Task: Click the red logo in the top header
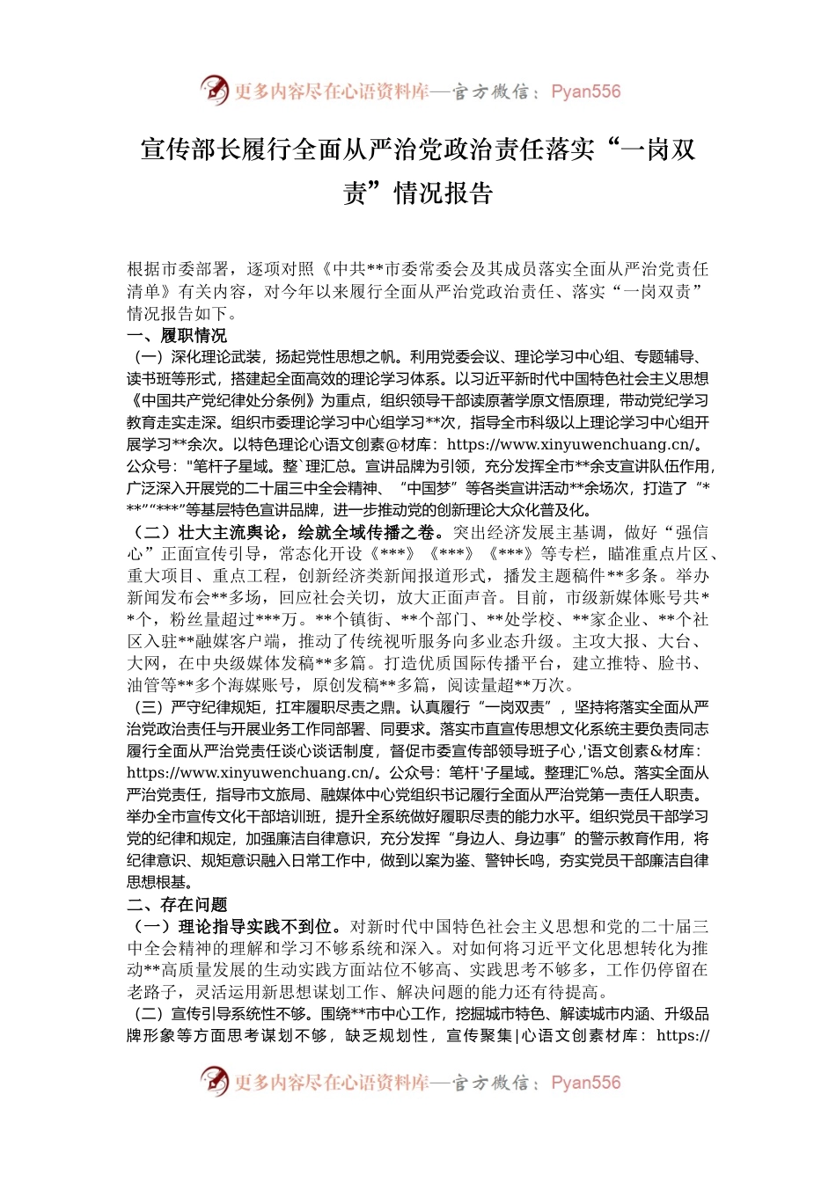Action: [x=215, y=91]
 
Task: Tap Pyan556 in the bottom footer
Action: [x=585, y=1083]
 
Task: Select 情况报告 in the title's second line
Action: [x=444, y=193]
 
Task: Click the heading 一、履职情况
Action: [x=177, y=335]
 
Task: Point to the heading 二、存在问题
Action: [x=177, y=904]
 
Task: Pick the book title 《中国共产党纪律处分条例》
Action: [x=223, y=401]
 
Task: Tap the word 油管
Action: [x=143, y=685]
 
